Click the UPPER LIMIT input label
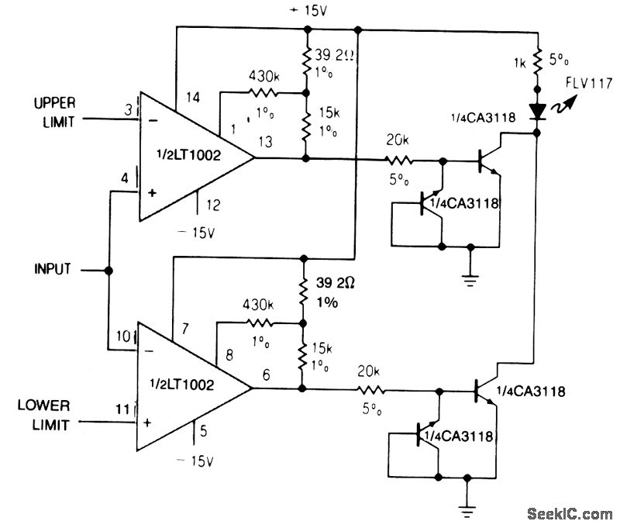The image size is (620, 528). pos(52,112)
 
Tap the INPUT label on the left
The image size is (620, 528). pos(53,270)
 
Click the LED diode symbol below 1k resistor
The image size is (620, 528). pos(536,111)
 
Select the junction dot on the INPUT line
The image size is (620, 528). pos(108,271)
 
